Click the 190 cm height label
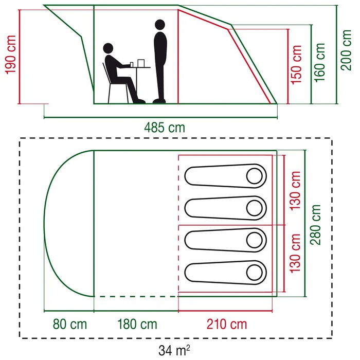(11, 55)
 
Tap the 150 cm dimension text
(296, 65)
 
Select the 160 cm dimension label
(319, 62)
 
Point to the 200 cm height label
(346, 50)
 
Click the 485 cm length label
(165, 128)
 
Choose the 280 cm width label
(315, 225)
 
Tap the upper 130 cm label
(295, 191)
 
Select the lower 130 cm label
(295, 253)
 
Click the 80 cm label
(70, 325)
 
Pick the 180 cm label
(137, 325)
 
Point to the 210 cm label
(227, 325)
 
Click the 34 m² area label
(174, 350)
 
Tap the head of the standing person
(160, 25)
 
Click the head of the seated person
(108, 48)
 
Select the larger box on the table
(141, 63)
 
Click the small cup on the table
(132, 65)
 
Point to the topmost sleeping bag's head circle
(255, 176)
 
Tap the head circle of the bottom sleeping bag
(255, 273)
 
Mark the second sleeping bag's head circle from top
(255, 208)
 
